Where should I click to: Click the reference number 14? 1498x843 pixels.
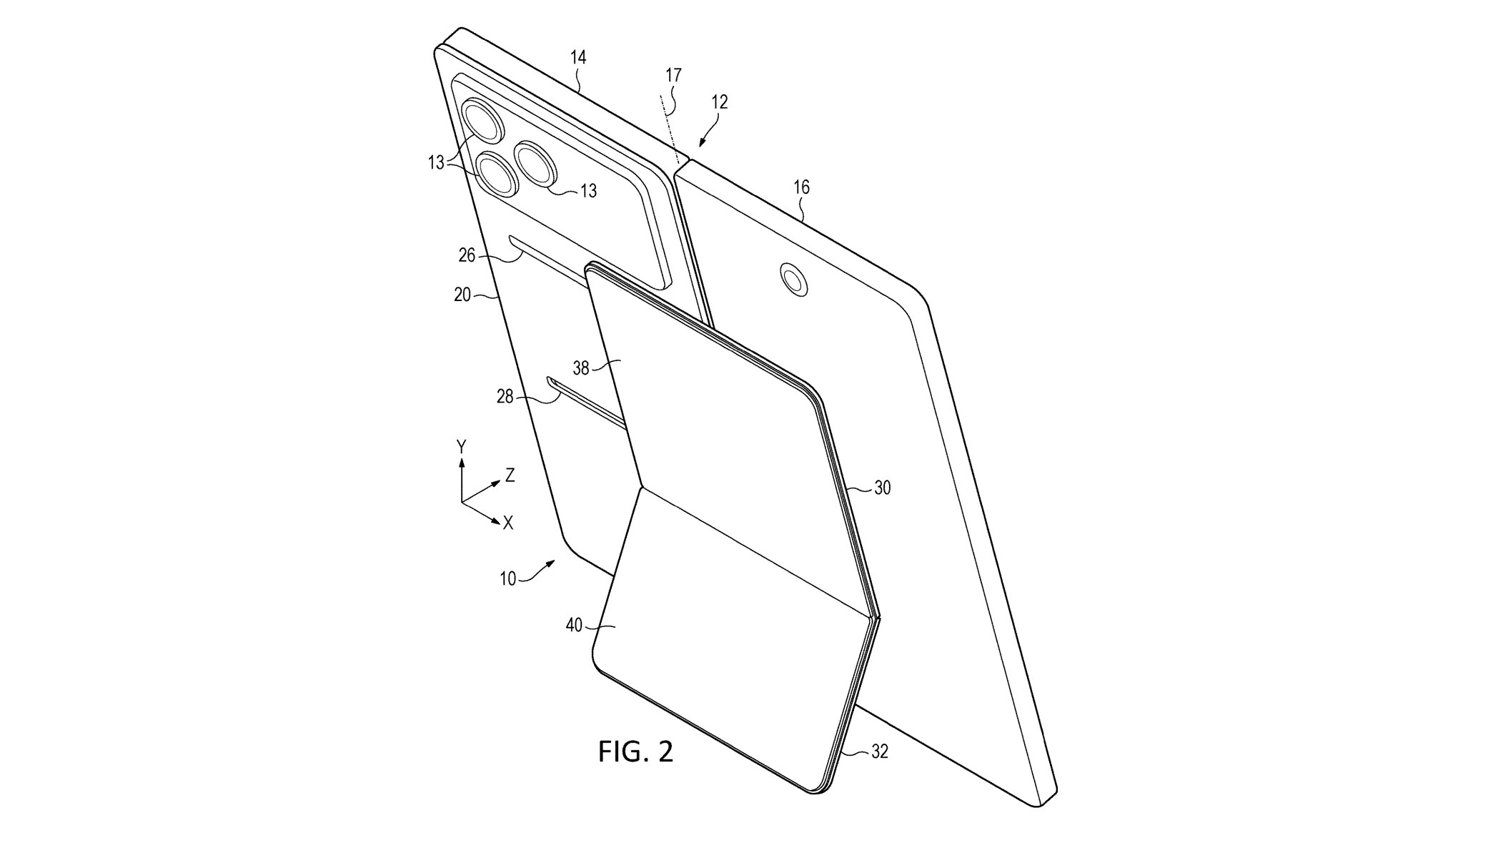click(578, 57)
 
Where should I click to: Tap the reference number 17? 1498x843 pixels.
click(673, 75)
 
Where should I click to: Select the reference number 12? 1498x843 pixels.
click(719, 102)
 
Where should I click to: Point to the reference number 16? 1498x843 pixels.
click(801, 187)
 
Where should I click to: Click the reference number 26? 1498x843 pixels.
click(467, 255)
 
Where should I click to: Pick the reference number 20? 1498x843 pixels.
click(462, 294)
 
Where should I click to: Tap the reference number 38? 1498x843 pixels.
click(581, 368)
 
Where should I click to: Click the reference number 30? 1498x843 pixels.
click(883, 488)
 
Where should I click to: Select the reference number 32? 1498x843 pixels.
click(880, 752)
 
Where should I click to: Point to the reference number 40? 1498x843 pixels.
click(574, 626)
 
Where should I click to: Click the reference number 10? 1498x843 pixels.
click(507, 579)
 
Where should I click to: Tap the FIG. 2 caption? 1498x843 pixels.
click(635, 751)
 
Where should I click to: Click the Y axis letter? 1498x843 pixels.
click(462, 447)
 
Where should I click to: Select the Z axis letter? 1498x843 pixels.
click(510, 475)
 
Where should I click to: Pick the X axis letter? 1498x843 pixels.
click(508, 523)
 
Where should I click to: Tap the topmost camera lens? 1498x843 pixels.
click(483, 119)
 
